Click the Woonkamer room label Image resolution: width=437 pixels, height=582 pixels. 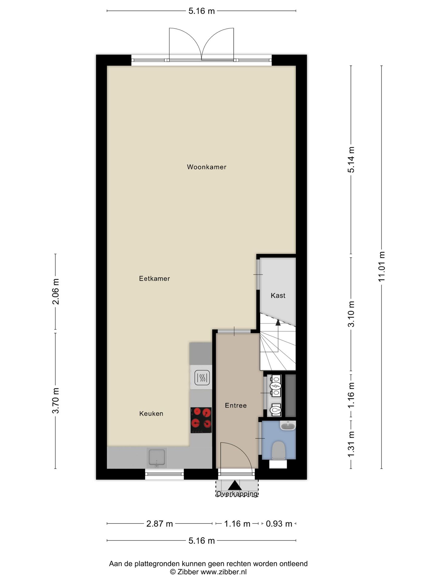206,167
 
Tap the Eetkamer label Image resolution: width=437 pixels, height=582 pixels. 154,279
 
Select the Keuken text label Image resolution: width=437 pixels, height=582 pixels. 151,413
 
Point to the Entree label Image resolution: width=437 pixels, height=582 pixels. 235,406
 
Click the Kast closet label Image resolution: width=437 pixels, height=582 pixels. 278,296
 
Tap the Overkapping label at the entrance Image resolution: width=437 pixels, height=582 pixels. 237,494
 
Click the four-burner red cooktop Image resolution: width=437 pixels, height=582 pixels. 201,420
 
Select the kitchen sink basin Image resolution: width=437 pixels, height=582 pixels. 157,457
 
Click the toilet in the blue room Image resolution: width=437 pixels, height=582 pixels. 278,450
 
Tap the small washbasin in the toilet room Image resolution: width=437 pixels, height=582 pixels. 287,426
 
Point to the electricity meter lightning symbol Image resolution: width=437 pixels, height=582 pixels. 276,386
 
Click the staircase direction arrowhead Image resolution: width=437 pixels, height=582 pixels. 278,322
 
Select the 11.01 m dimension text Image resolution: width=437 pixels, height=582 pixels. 381,267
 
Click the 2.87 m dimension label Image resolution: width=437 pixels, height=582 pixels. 159,524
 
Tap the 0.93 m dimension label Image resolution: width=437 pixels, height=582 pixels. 279,524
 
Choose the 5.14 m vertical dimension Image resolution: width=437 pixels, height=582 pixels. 351,160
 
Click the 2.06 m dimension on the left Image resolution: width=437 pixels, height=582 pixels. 55,292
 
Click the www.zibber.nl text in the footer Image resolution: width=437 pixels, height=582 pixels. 223,572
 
